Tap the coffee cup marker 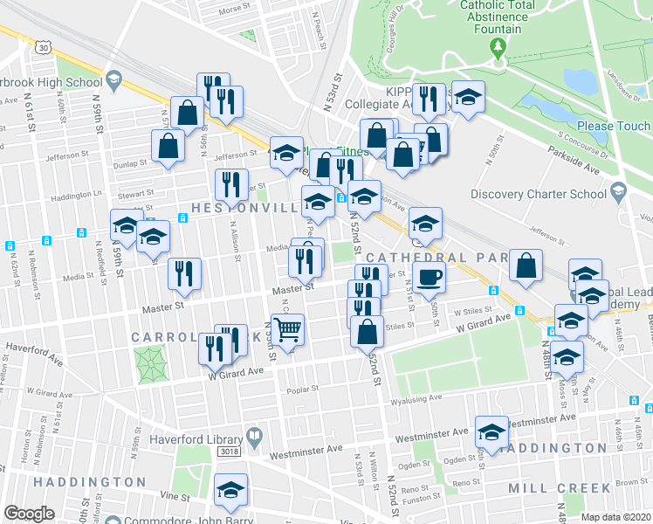tap(428, 278)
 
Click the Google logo tap(28, 514)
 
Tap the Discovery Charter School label tap(539, 194)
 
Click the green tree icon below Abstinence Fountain tap(498, 46)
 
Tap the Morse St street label tap(235, 10)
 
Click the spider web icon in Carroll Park tap(149, 362)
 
